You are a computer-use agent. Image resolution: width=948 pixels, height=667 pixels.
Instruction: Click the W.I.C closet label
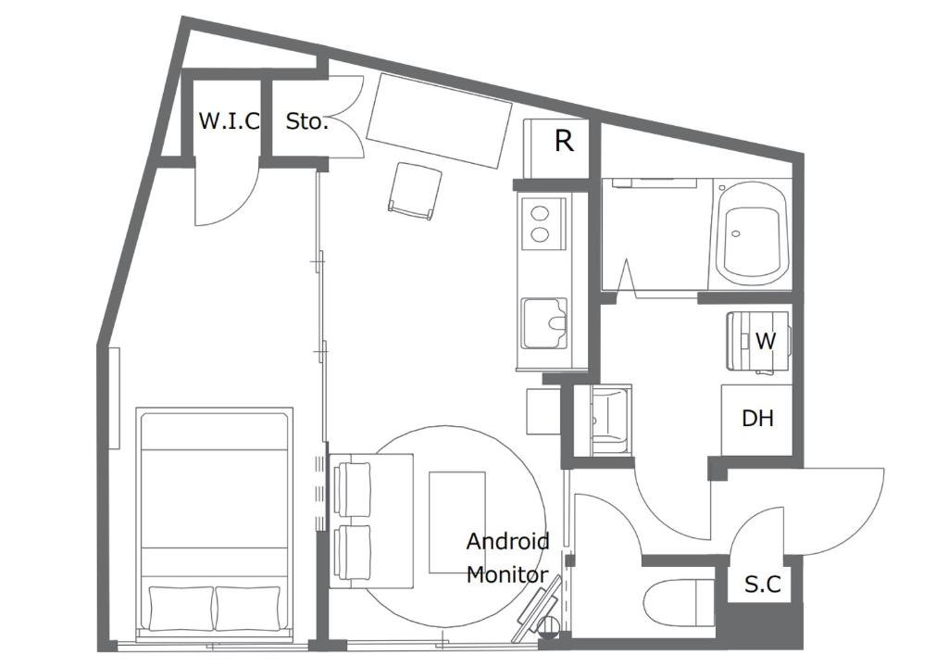pyautogui.click(x=230, y=120)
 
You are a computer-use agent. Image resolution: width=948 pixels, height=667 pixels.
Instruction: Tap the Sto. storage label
pyautogui.click(x=306, y=121)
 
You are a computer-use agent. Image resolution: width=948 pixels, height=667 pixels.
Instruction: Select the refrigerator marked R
pyautogui.click(x=556, y=149)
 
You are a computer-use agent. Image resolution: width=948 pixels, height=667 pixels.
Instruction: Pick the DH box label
pyautogui.click(x=757, y=418)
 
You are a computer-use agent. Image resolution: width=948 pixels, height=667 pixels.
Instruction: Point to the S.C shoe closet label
pyautogui.click(x=763, y=585)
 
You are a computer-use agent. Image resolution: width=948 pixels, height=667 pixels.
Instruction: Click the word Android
pyautogui.click(x=508, y=541)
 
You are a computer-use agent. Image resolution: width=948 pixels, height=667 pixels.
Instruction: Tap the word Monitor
pyautogui.click(x=507, y=574)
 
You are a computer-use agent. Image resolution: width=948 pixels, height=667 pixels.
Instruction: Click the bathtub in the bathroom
pyautogui.click(x=752, y=233)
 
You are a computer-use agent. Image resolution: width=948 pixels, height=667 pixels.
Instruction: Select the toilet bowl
pyautogui.click(x=676, y=603)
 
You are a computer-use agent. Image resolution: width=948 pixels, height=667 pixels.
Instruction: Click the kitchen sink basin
pyautogui.click(x=544, y=323)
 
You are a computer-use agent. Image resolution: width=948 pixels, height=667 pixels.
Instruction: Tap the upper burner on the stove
pyautogui.click(x=540, y=214)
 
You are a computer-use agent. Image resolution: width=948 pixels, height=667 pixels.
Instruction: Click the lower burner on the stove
pyautogui.click(x=540, y=234)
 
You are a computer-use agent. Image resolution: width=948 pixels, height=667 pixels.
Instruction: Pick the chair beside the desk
pyautogui.click(x=414, y=191)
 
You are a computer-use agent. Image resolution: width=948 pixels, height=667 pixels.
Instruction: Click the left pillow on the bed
pyautogui.click(x=181, y=608)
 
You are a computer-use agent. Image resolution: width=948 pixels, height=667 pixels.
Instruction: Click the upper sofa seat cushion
pyautogui.click(x=352, y=489)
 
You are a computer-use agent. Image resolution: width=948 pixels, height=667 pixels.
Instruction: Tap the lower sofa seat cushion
pyautogui.click(x=352, y=554)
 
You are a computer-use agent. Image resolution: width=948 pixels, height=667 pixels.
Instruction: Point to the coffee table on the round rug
pyautogui.click(x=457, y=522)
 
